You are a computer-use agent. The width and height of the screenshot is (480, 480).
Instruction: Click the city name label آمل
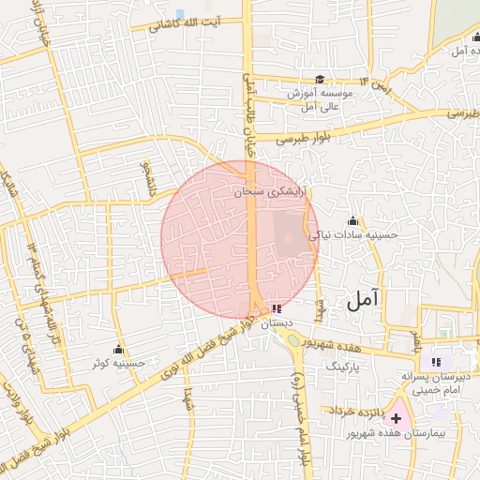point(362,300)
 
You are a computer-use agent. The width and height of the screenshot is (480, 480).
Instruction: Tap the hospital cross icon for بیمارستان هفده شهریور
point(397,417)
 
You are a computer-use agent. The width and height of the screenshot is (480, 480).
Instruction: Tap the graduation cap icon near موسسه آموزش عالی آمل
point(320,80)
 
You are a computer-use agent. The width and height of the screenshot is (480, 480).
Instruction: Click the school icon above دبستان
point(276,307)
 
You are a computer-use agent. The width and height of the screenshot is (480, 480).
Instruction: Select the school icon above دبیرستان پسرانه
point(436,362)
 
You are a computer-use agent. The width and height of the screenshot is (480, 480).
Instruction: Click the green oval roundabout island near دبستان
point(293,340)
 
